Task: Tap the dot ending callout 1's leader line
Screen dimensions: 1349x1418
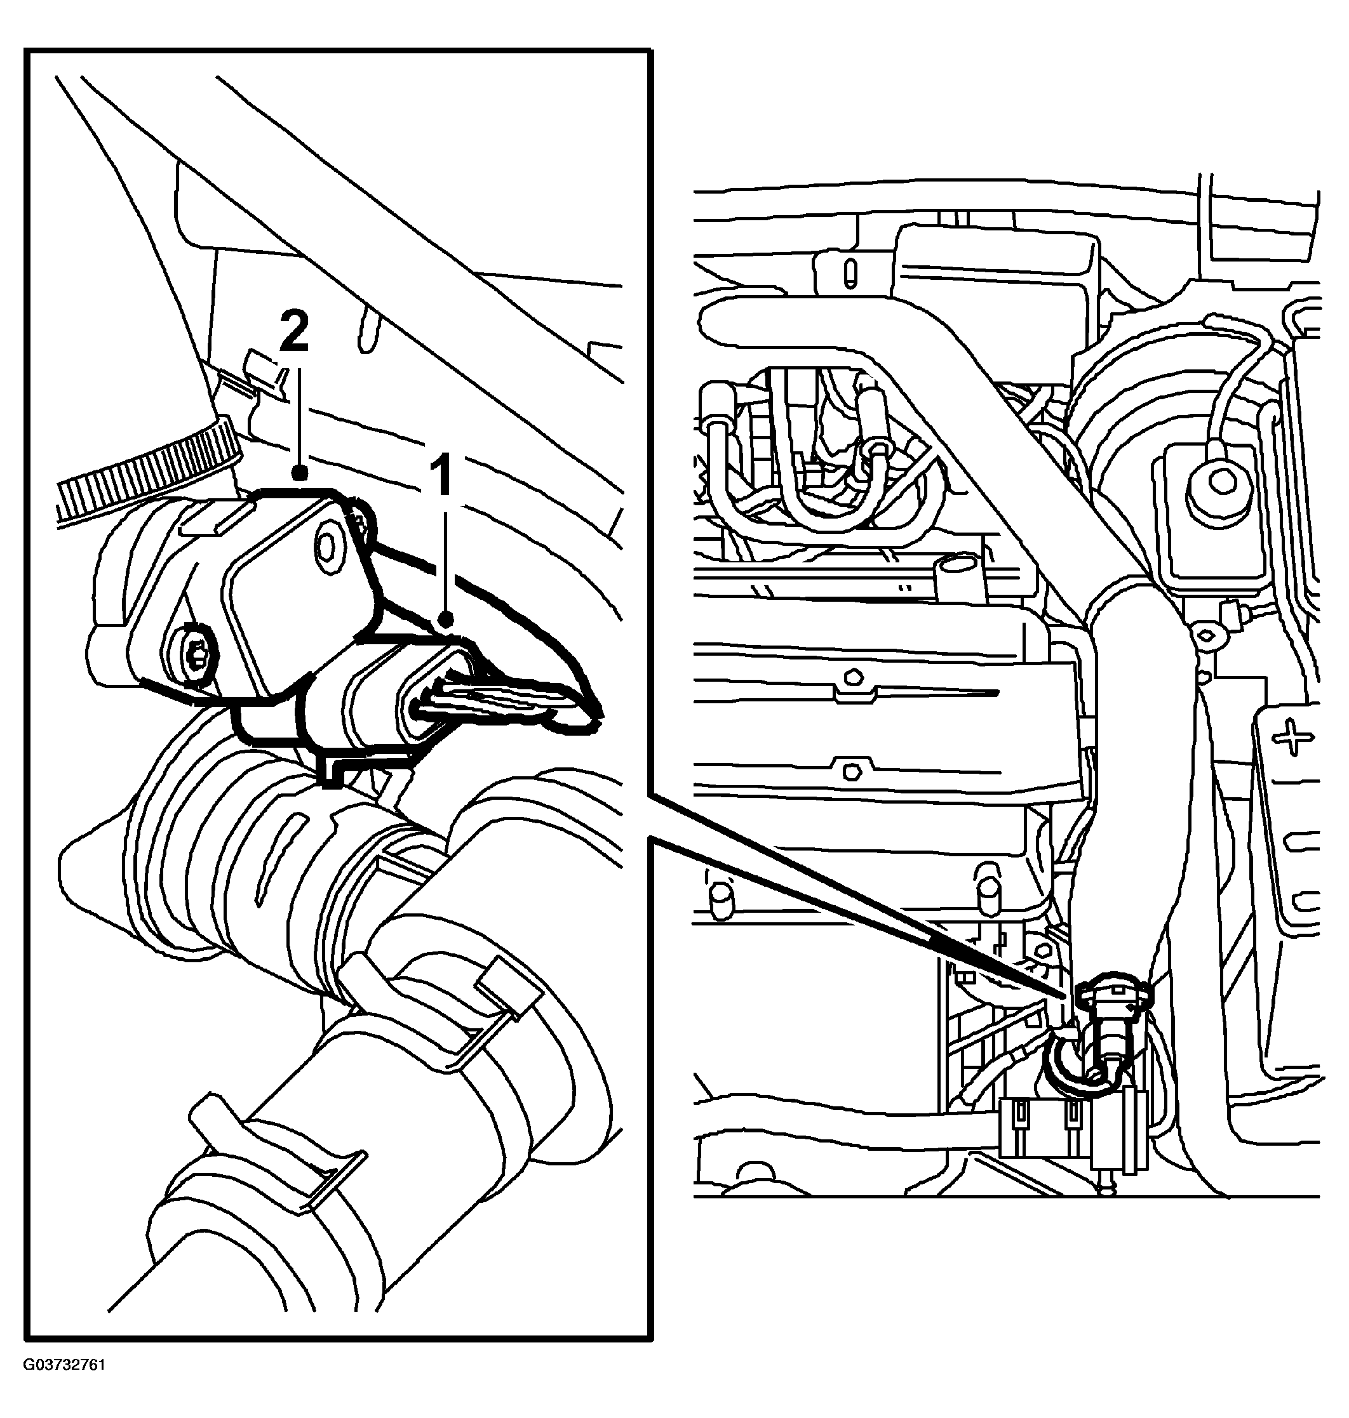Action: (446, 618)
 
